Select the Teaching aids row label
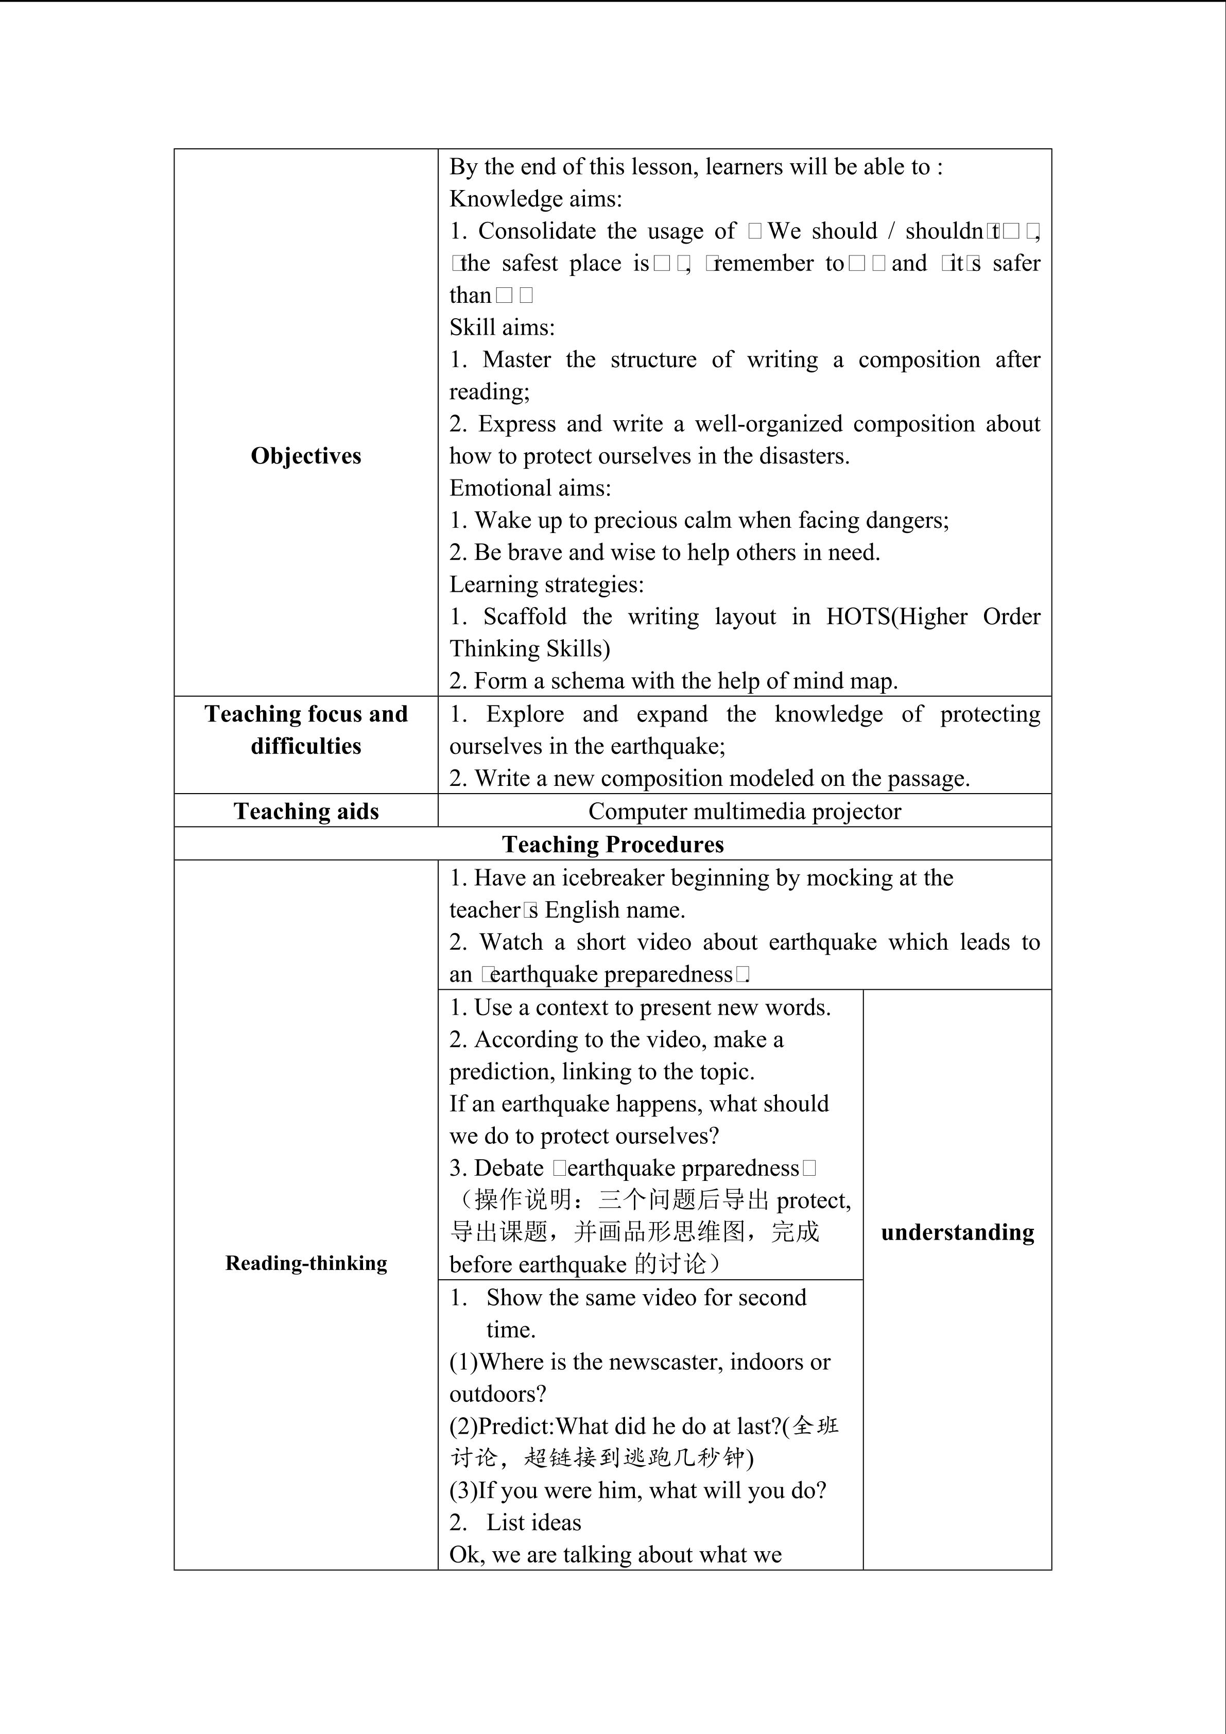click(306, 811)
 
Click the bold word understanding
click(957, 1232)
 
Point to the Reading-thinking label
click(306, 1263)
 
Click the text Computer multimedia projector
click(745, 811)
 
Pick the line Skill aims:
click(502, 327)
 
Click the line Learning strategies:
click(546, 584)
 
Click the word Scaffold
click(525, 616)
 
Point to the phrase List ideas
click(534, 1522)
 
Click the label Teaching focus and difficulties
click(306, 730)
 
